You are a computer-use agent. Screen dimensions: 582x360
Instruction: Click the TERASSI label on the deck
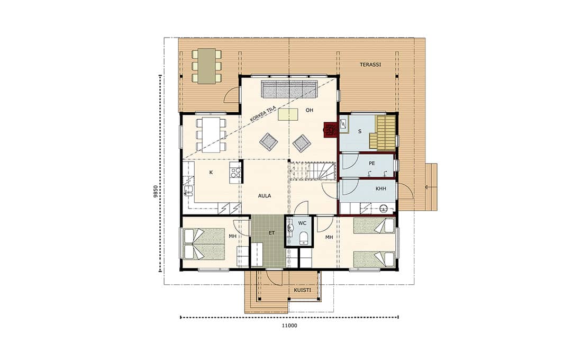[x=370, y=65]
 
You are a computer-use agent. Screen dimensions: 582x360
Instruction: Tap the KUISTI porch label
[x=303, y=290]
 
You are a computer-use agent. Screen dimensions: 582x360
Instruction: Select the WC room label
[x=303, y=223]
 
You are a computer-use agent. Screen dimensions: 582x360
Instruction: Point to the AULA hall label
[x=265, y=196]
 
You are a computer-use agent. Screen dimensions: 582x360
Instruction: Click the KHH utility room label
[x=381, y=188]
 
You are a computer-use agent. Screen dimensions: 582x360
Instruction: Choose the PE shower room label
[x=372, y=164]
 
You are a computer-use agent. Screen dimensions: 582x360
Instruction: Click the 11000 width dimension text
[x=289, y=326]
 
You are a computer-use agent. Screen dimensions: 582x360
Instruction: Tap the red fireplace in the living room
[x=330, y=130]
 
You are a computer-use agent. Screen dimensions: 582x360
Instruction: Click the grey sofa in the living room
[x=289, y=89]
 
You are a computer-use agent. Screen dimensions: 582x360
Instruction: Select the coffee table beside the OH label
[x=288, y=114]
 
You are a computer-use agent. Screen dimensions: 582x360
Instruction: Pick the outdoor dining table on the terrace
[x=207, y=66]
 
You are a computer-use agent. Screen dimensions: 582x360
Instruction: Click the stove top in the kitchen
[x=235, y=173]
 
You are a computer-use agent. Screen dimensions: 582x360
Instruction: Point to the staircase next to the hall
[x=312, y=172]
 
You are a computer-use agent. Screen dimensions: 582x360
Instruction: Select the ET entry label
[x=272, y=233]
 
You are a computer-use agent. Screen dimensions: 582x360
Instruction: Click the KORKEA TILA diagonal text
[x=262, y=114]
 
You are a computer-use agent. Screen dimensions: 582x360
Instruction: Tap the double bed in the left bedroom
[x=205, y=244]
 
